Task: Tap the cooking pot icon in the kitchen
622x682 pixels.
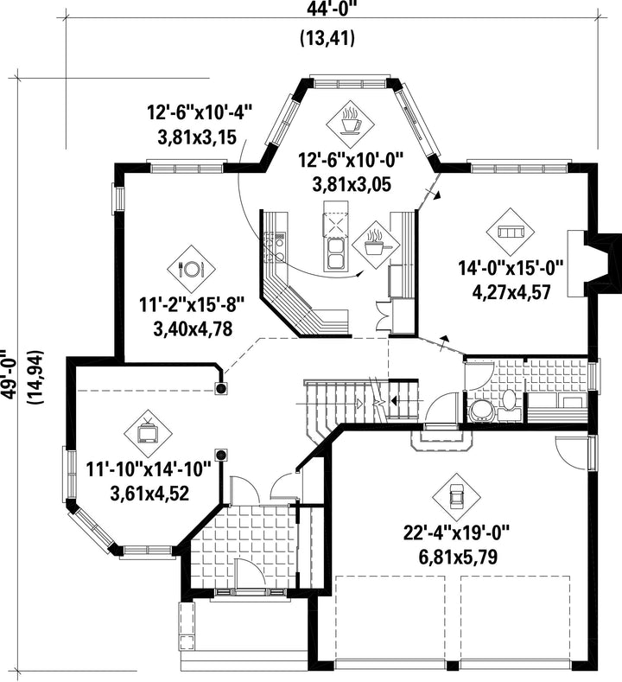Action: (x=375, y=245)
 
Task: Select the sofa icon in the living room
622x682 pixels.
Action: (x=511, y=232)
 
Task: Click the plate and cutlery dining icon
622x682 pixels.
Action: (x=191, y=269)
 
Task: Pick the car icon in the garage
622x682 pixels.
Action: (x=456, y=497)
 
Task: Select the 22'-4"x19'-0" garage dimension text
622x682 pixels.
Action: (x=456, y=533)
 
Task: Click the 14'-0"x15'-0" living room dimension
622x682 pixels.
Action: (x=511, y=268)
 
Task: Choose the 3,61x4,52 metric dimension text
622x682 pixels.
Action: (x=150, y=494)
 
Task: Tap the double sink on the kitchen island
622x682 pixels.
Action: (x=334, y=253)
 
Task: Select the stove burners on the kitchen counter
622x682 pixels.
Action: (x=275, y=249)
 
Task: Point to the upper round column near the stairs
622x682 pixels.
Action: (x=221, y=388)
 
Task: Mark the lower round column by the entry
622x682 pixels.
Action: (x=221, y=456)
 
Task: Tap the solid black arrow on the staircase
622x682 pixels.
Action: (x=394, y=400)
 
